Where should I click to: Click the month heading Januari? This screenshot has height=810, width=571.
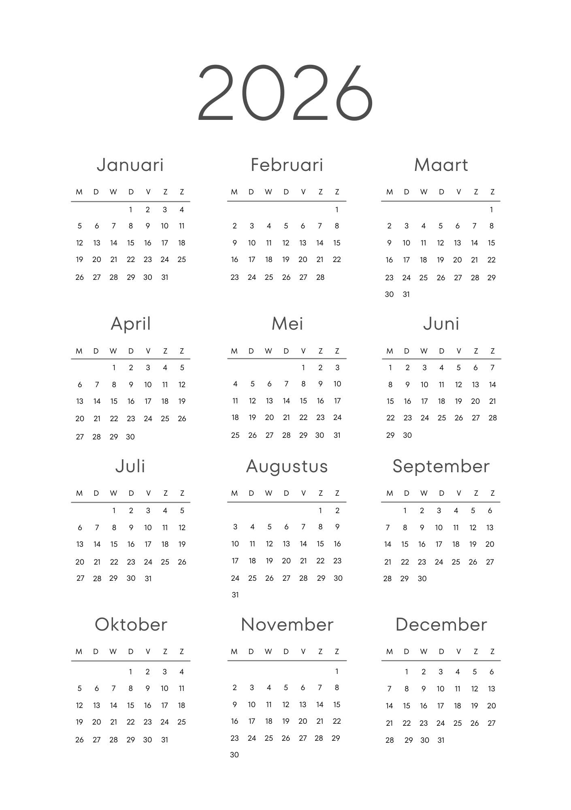click(x=130, y=165)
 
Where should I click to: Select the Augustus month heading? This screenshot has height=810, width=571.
click(x=287, y=467)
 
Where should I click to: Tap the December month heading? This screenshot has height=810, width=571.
click(x=441, y=625)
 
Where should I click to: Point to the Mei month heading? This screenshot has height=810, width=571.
click(x=287, y=324)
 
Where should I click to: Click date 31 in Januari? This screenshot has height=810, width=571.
click(x=164, y=277)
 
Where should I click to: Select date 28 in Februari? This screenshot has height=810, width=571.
click(x=320, y=277)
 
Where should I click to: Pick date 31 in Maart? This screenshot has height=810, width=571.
click(x=406, y=294)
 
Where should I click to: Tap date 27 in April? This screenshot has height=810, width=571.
click(x=80, y=437)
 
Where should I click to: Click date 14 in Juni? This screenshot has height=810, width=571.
click(x=492, y=385)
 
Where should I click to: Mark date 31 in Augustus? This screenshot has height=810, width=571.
click(x=235, y=595)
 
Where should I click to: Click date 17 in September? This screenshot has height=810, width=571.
click(x=439, y=544)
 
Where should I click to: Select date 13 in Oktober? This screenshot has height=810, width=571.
click(x=96, y=706)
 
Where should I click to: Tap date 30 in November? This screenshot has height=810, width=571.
click(x=234, y=755)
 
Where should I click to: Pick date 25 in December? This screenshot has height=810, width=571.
click(x=458, y=723)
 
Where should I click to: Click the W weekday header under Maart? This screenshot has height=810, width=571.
click(x=424, y=192)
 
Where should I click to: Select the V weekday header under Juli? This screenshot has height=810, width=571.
click(x=148, y=493)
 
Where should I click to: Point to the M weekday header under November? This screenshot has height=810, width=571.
click(x=234, y=652)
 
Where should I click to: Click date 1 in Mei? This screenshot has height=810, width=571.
click(x=303, y=368)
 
